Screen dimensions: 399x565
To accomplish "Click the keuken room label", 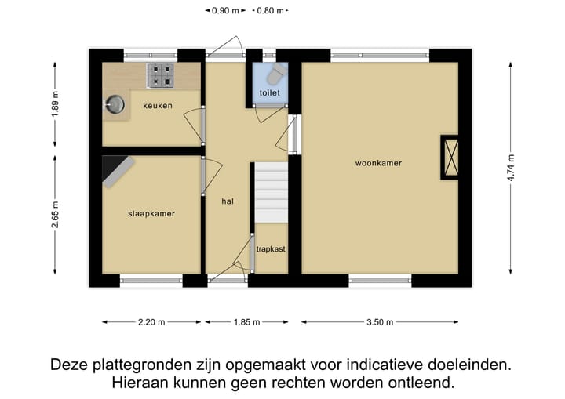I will pyautogui.click(x=157, y=106).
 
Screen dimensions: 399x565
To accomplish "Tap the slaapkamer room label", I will pyautogui.click(x=151, y=213).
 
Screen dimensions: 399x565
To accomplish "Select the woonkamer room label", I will pyautogui.click(x=378, y=163).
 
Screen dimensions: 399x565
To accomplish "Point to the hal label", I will pyautogui.click(x=228, y=201).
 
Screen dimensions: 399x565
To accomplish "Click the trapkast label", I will pyautogui.click(x=271, y=248).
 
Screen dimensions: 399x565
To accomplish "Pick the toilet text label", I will pyautogui.click(x=270, y=92).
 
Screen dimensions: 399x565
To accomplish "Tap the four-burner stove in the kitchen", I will pyautogui.click(x=162, y=75).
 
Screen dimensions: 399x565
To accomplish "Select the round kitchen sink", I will pyautogui.click(x=115, y=102).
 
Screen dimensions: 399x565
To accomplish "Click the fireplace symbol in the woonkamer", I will pyautogui.click(x=452, y=158).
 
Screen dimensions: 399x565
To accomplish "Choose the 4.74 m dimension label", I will pyautogui.click(x=512, y=166).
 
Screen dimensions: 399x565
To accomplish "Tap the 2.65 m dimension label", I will pyautogui.click(x=56, y=214).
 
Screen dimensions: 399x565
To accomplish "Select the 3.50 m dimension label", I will pyautogui.click(x=380, y=321).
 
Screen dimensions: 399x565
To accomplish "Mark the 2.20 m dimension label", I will pyautogui.click(x=151, y=321).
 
